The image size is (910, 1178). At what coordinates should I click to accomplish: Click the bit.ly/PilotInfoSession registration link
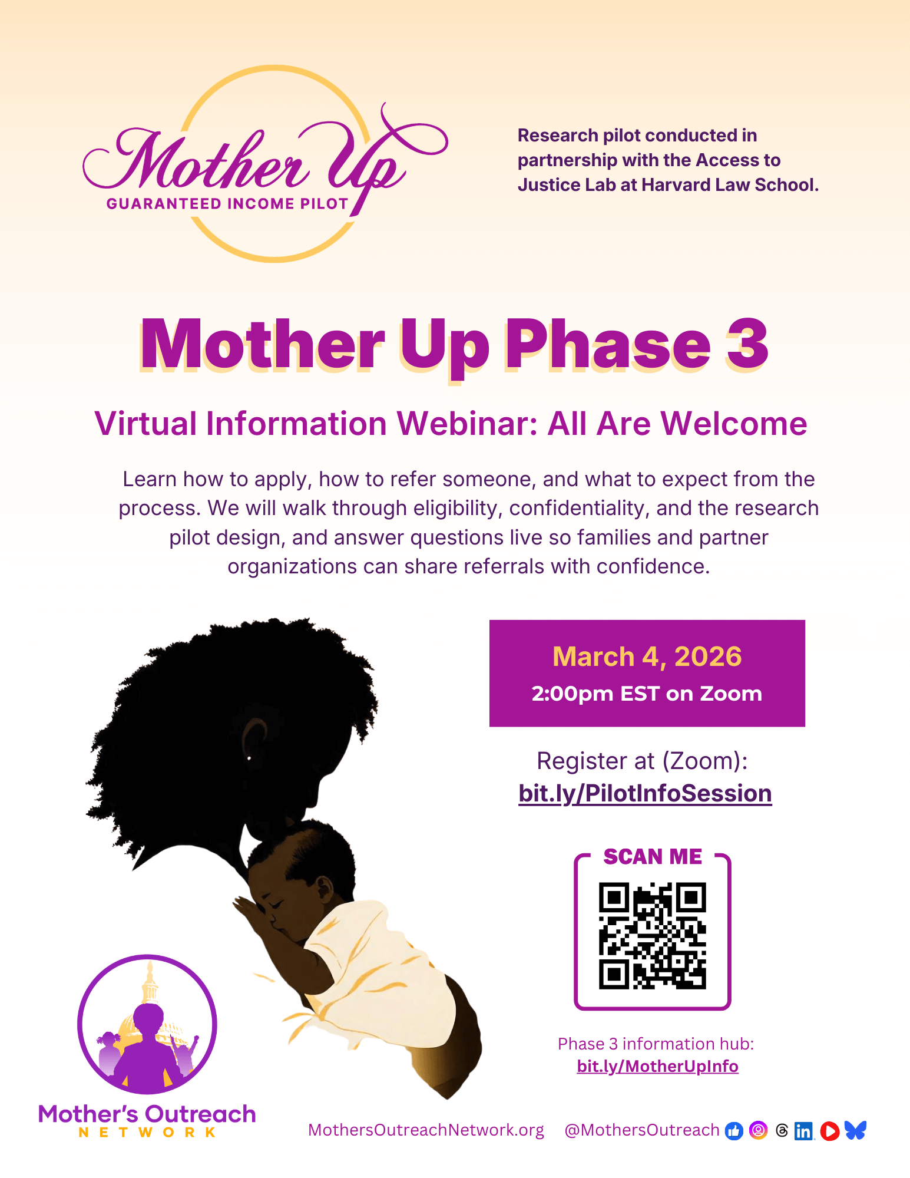[645, 793]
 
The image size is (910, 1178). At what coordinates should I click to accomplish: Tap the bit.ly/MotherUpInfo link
[657, 1066]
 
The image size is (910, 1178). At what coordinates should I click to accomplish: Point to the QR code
[652, 935]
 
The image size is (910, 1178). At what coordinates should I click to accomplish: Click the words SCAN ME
[653, 856]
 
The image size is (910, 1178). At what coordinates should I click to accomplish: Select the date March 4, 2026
[647, 656]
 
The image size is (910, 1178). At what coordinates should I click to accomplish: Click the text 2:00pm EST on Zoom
[647, 694]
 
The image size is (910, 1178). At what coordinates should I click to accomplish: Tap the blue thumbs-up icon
[734, 1130]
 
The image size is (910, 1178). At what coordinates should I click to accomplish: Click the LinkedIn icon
[803, 1131]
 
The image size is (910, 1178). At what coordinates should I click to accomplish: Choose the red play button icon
[829, 1131]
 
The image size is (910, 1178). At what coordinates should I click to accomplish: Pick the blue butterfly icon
[855, 1130]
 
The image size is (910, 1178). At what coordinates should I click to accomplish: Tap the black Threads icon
[782, 1130]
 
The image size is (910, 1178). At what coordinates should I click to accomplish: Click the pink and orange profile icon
[759, 1130]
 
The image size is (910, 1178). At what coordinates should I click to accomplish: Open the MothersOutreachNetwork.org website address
[426, 1130]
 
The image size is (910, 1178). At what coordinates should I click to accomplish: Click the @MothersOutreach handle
[641, 1130]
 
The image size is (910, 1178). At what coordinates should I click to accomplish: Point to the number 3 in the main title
[747, 344]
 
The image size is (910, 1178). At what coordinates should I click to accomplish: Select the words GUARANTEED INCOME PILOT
[228, 204]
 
